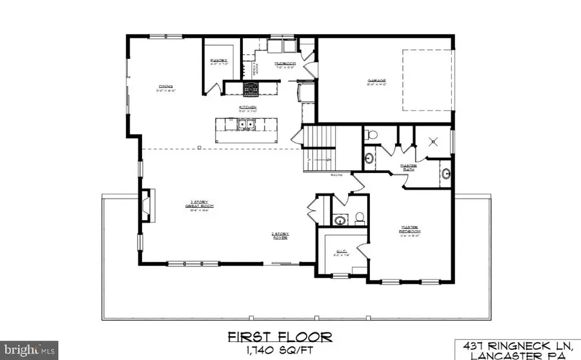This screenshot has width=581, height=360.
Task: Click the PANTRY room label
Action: (x=218, y=63)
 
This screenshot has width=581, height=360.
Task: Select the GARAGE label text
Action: (x=376, y=81)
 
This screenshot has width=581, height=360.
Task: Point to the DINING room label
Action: (x=165, y=88)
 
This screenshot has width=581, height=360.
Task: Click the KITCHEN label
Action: (x=249, y=107)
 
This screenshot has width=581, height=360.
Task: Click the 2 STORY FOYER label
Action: (x=279, y=236)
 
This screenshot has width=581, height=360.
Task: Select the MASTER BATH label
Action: (x=426, y=166)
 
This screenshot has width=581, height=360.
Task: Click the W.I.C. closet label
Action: (x=342, y=254)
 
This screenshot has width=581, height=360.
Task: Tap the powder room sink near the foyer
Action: (x=341, y=220)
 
